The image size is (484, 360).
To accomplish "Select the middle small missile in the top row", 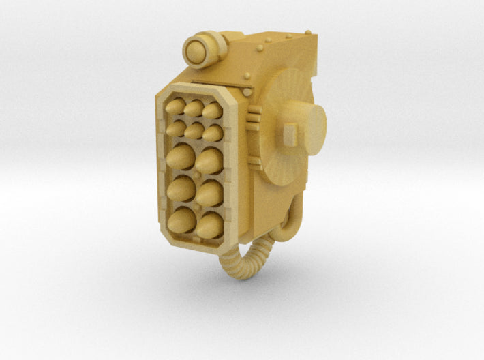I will [194, 108].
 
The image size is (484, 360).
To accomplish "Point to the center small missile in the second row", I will [194, 130].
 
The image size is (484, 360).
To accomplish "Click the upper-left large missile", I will [180, 157].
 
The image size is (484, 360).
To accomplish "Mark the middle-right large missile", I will [211, 193].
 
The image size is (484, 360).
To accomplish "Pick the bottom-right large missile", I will [211, 225].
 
